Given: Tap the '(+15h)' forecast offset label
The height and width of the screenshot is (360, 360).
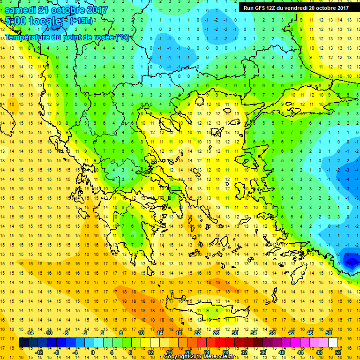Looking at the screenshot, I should click(x=82, y=21).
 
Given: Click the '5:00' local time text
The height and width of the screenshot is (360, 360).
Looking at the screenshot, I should click(x=16, y=21).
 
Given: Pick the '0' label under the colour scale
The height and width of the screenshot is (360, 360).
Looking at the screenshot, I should click(x=92, y=352).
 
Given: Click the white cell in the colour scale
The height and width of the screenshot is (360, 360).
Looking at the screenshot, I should click(x=333, y=343).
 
